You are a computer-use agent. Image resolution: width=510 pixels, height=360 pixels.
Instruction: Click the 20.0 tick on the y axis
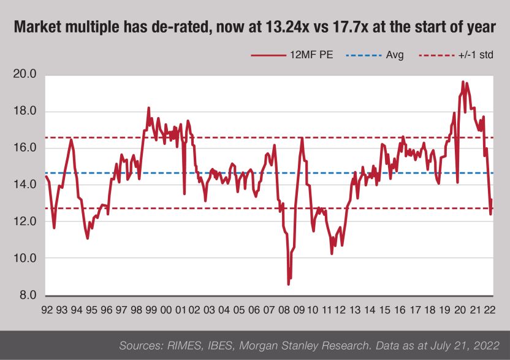pyautogui.click(x=25, y=75)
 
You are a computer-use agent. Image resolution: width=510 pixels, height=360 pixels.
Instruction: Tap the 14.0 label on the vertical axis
pyautogui.click(x=25, y=185)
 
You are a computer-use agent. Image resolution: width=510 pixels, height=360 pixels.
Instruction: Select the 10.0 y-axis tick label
pyautogui.click(x=25, y=259)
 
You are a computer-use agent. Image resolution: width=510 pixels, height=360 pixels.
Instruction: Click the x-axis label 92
pyautogui.click(x=47, y=311)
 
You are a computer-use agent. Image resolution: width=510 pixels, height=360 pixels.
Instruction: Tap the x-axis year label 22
pyautogui.click(x=490, y=311)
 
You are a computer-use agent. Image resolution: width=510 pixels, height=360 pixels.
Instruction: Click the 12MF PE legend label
pyautogui.click(x=310, y=55)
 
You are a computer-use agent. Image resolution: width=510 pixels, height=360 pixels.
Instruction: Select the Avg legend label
pyautogui.click(x=395, y=55)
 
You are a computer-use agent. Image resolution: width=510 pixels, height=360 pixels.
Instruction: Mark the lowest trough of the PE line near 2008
pyautogui.click(x=289, y=284)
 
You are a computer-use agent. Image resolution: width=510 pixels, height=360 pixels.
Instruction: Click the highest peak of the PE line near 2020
pyautogui.click(x=463, y=82)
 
